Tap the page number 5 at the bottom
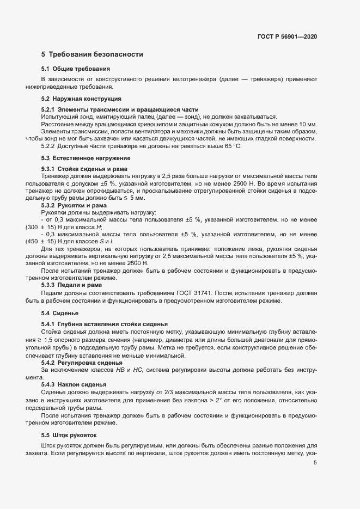click(x=315, y=463)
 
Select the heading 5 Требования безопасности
click(x=92, y=54)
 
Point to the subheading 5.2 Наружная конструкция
click(x=81, y=99)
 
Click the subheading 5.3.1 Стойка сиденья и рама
click(x=84, y=169)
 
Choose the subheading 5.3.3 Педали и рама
click(x=75, y=284)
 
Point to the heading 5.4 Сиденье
click(x=60, y=313)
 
